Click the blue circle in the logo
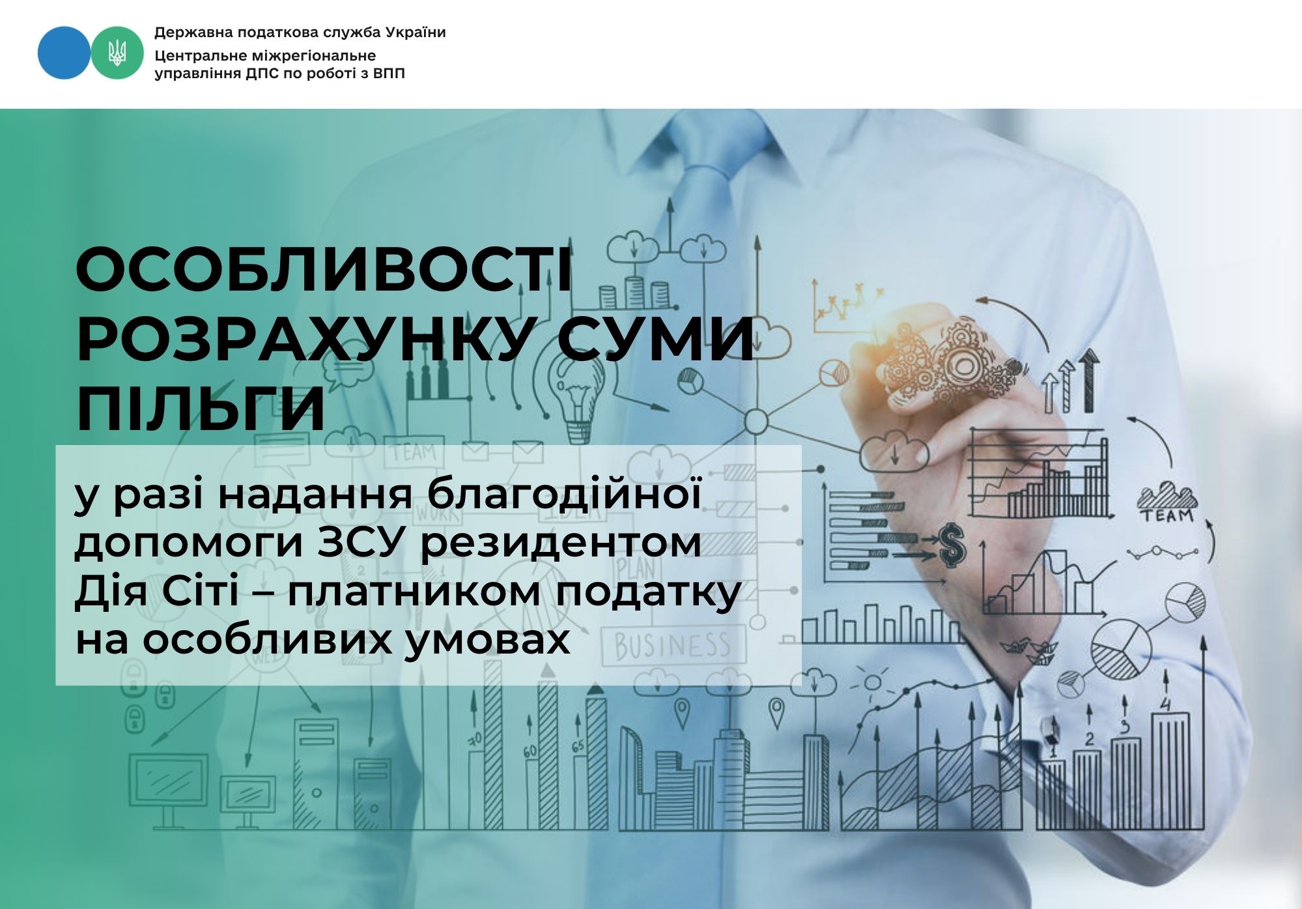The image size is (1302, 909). [x=64, y=53]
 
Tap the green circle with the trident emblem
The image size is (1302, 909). [x=117, y=53]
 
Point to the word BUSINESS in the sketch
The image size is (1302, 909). [x=673, y=646]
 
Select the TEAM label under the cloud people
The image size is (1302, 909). [x=1167, y=515]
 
